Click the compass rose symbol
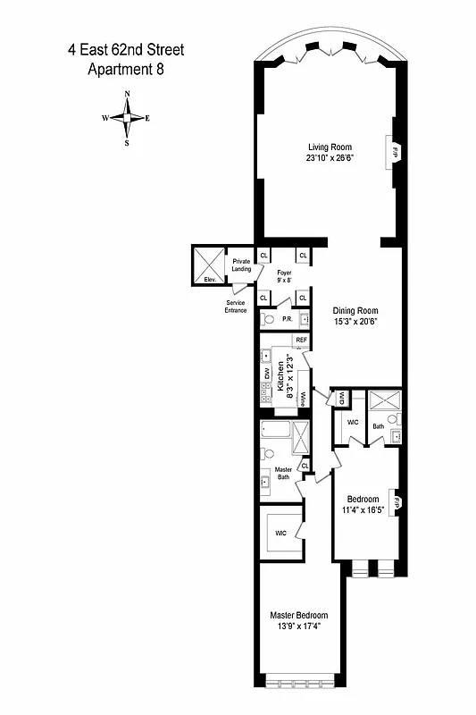[126, 117]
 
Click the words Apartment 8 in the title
[126, 68]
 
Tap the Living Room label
[330, 147]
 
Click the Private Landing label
[241, 265]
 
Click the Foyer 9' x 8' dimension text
[284, 281]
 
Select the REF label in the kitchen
[301, 341]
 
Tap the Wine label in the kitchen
[303, 399]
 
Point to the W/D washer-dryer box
[339, 398]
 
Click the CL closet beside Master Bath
[305, 465]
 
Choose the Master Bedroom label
[298, 615]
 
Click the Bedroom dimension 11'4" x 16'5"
[363, 511]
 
